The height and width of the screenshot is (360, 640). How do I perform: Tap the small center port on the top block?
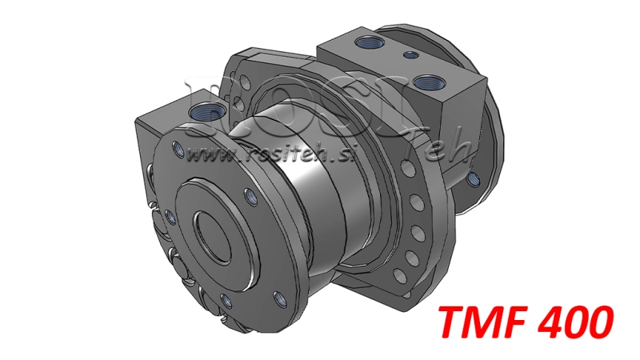[411, 54]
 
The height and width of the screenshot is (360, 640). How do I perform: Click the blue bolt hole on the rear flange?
[472, 177]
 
